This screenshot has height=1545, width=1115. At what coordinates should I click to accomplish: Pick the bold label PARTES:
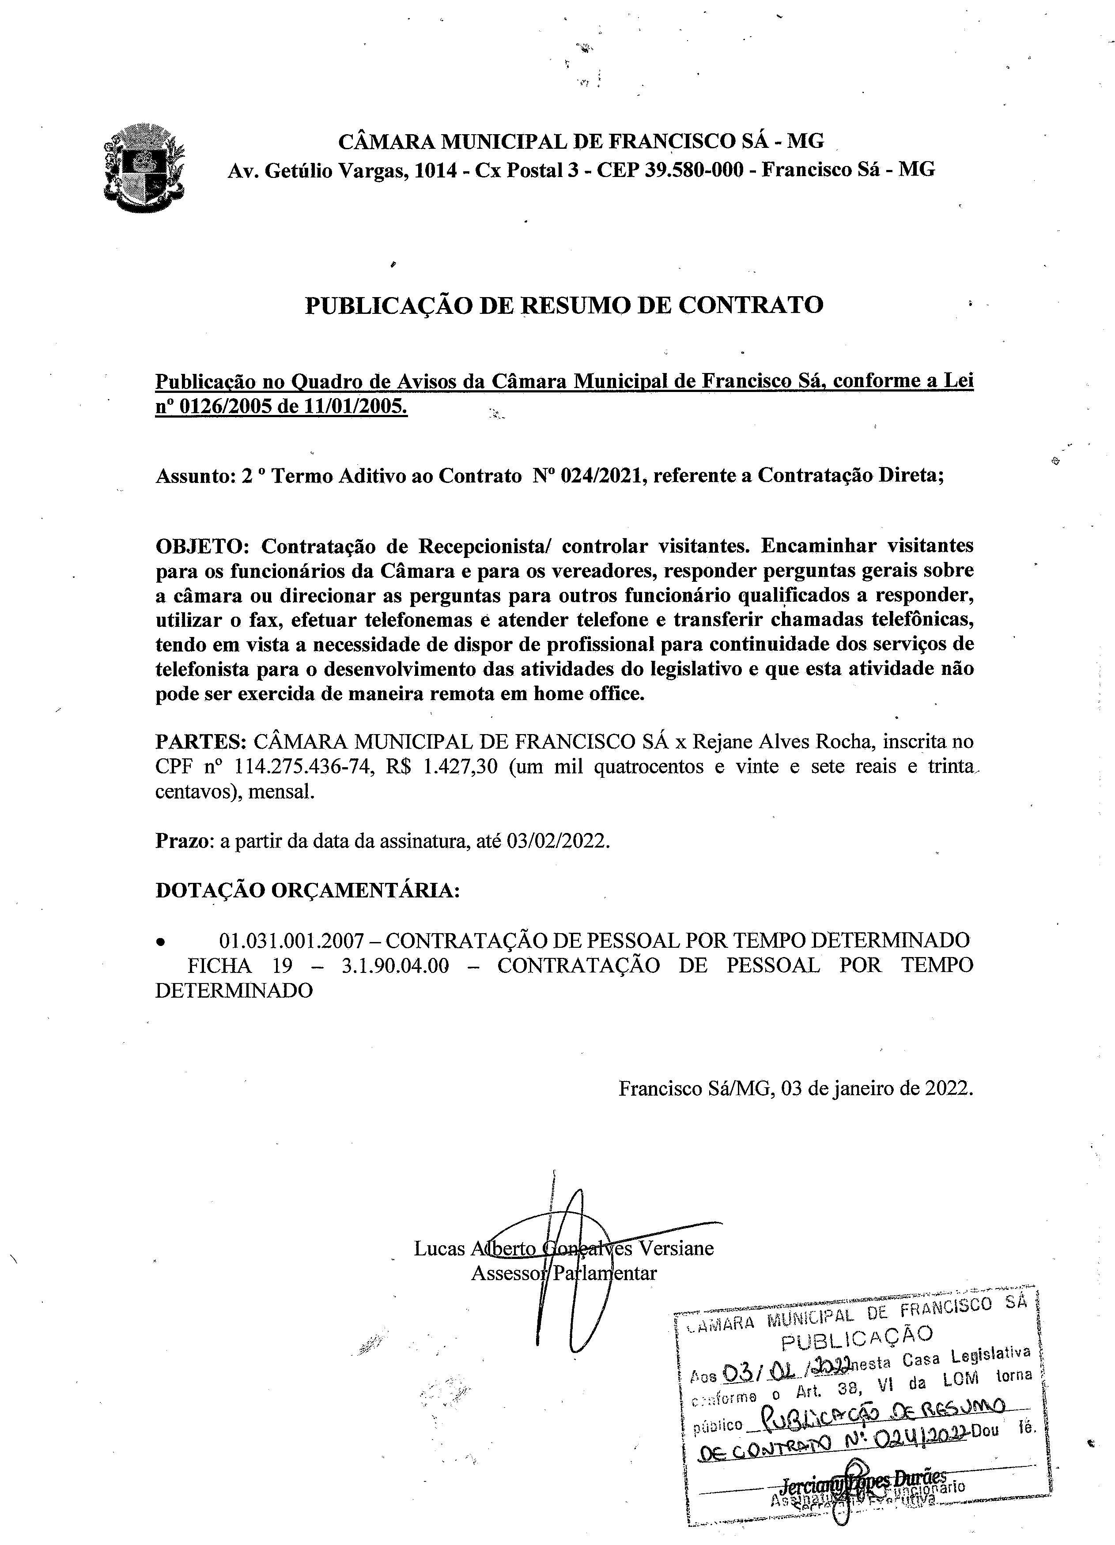[200, 741]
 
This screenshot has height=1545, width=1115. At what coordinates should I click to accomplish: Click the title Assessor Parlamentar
[563, 1273]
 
